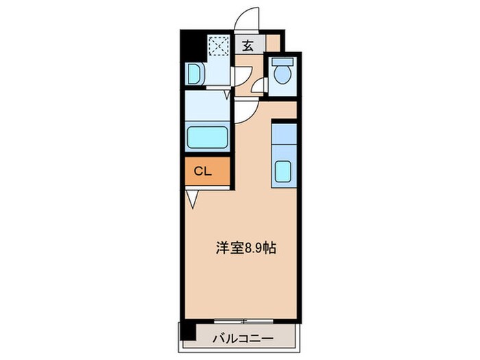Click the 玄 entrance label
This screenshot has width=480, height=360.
[x=247, y=46]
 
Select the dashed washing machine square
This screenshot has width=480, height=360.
[x=219, y=46]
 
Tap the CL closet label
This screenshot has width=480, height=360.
[x=202, y=171]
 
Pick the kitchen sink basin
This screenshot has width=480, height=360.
[x=283, y=171]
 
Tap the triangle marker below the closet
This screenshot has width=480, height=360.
[x=192, y=200]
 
